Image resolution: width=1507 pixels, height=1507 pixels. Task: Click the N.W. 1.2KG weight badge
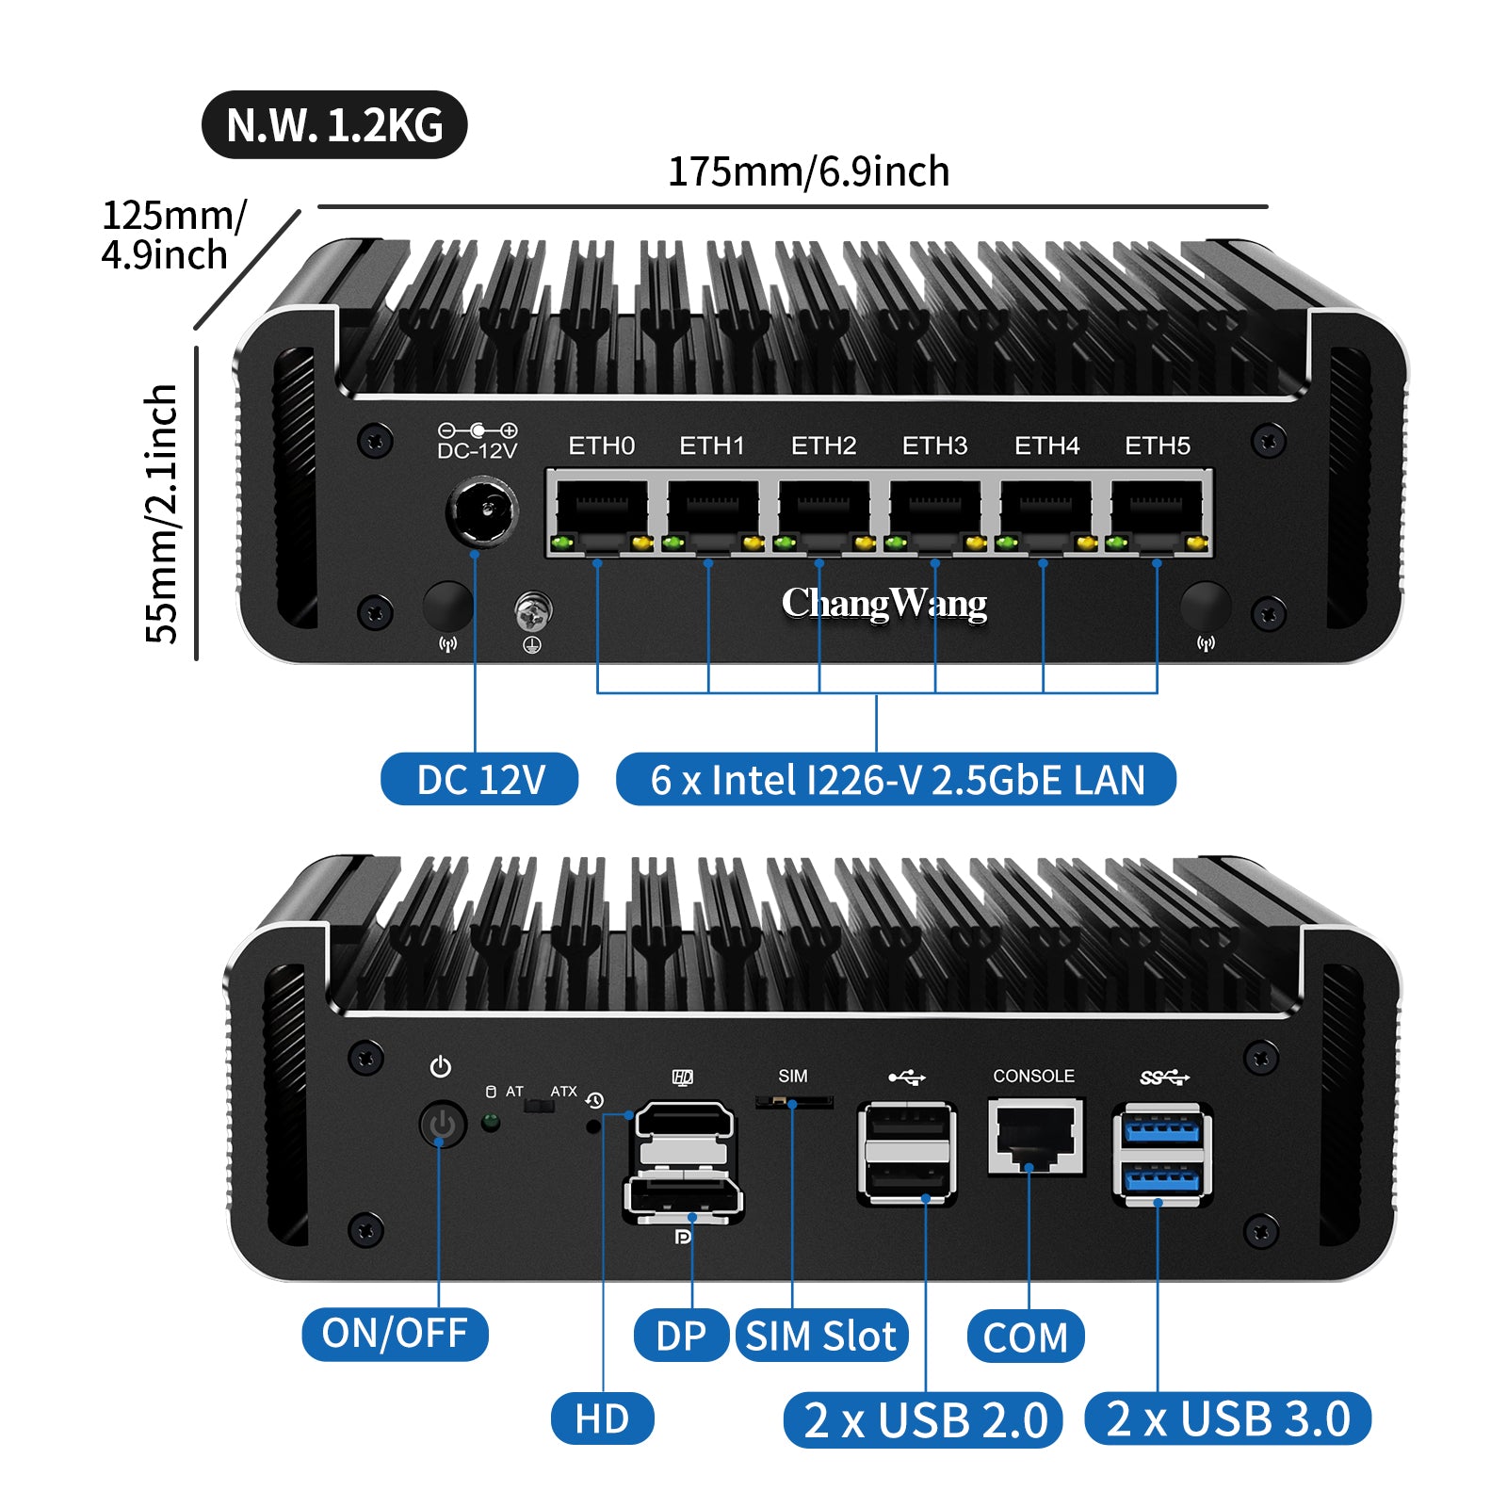pos(334,124)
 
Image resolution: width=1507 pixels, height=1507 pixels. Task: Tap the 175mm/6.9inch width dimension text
pos(808,172)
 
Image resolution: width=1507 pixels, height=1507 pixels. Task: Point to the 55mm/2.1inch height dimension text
pos(162,513)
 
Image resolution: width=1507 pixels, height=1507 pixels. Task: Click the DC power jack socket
pos(482,512)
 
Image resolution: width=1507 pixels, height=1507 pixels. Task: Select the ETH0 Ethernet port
pos(601,513)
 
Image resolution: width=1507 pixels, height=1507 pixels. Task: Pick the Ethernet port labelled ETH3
pos(934,513)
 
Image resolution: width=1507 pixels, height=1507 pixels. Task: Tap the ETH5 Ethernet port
pos(1157,513)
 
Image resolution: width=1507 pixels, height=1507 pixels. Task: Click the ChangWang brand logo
pos(883,604)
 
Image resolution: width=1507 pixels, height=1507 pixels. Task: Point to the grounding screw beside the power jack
pos(532,611)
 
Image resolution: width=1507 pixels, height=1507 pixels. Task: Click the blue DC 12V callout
pos(479,780)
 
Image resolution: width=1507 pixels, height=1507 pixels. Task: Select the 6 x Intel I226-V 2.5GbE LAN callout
pos(896,780)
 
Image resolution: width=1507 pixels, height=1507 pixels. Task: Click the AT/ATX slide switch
pos(539,1104)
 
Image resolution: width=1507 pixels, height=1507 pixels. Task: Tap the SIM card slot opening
pos(793,1100)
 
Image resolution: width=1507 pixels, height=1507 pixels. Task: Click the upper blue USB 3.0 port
pos(1162,1129)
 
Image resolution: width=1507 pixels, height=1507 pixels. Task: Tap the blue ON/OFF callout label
pos(395,1334)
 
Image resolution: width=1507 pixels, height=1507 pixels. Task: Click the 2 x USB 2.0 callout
pos(924,1419)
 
